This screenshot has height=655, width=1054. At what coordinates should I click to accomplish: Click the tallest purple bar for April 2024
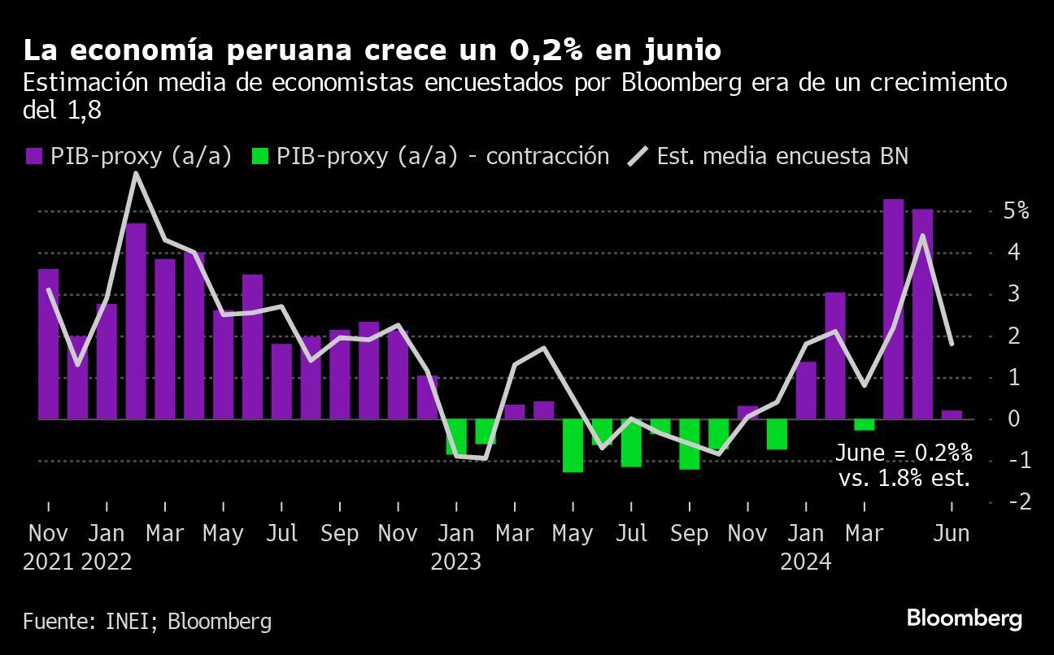coord(893,309)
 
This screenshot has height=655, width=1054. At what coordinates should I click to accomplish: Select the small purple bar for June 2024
coord(952,414)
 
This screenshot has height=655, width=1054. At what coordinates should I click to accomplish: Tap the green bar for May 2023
coord(573,445)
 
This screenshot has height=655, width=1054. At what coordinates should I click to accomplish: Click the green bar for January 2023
coord(456,436)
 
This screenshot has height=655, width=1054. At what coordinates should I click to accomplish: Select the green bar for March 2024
coord(864,425)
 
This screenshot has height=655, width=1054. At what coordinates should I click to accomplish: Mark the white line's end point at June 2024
coord(952,344)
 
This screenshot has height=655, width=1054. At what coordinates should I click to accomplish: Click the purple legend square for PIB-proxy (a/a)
coord(33,157)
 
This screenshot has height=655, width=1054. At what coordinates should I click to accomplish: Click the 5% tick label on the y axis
coord(1016,211)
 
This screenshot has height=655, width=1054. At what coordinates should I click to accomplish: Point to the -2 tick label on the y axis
coord(1018,502)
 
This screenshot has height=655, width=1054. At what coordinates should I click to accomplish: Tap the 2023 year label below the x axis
coord(456,562)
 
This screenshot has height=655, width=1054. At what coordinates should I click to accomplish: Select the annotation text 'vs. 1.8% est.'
coord(904,478)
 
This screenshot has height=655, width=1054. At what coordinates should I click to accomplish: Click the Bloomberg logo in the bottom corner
coord(964,618)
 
